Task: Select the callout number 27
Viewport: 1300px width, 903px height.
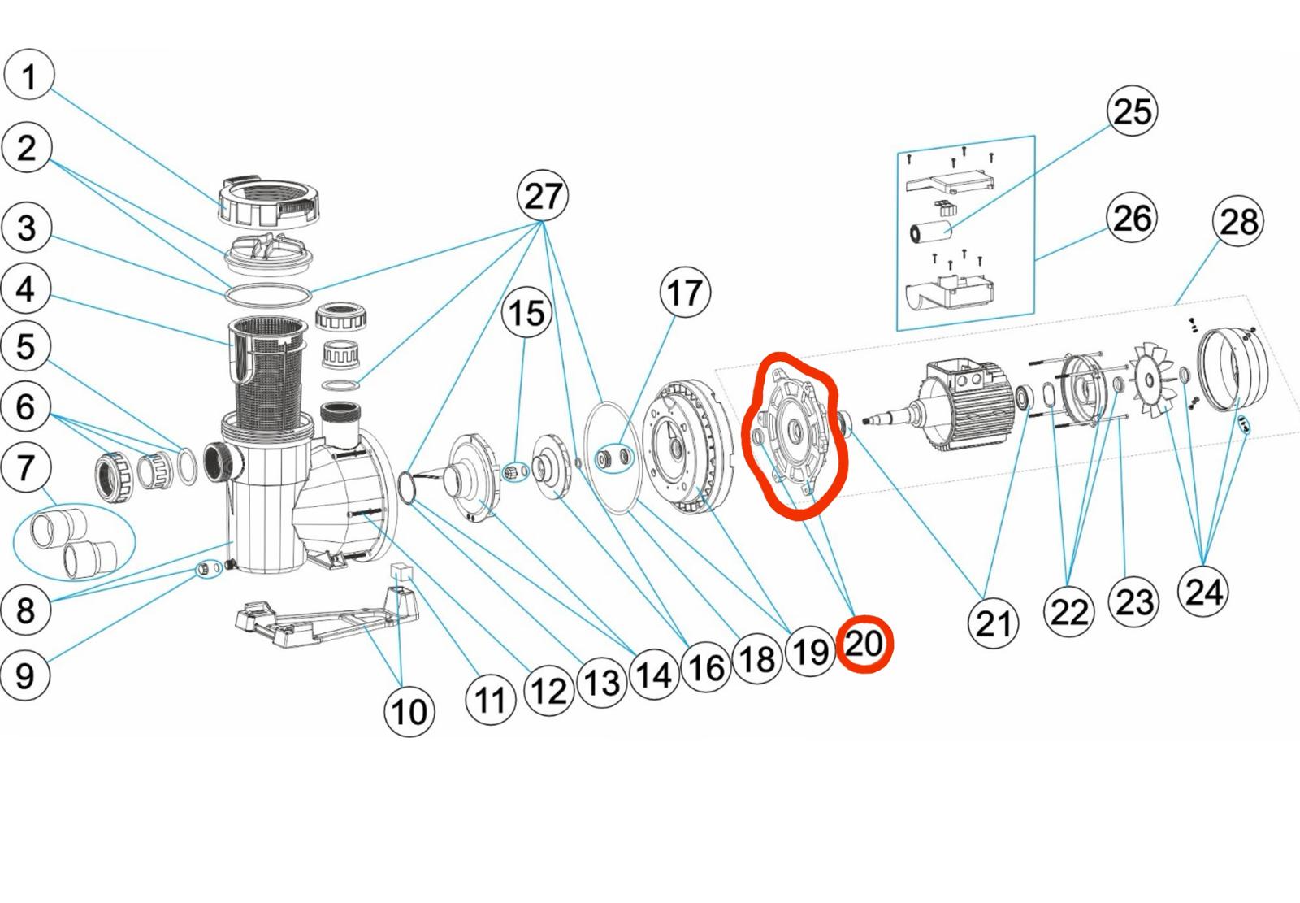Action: point(543,196)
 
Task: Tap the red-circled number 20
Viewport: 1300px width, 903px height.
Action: point(864,644)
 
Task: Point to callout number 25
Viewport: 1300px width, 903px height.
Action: point(1133,111)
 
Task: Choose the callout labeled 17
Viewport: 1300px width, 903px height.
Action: point(685,292)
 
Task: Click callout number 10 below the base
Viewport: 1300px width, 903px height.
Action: point(409,711)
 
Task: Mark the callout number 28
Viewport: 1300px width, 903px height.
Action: point(1238,220)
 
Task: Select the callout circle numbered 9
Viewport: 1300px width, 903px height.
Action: point(24,675)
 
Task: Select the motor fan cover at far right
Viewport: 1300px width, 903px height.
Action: point(1233,369)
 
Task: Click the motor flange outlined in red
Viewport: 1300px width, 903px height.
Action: point(795,432)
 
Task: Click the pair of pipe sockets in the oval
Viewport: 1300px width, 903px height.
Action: point(74,542)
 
